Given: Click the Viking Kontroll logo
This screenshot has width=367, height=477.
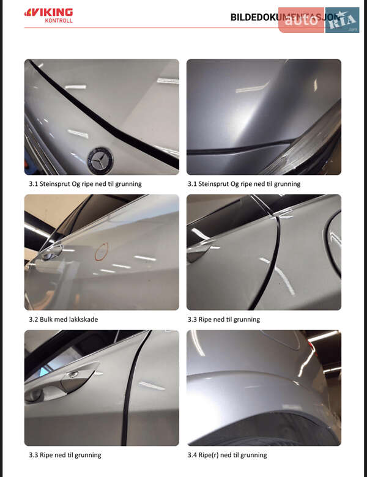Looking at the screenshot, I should coord(48,15).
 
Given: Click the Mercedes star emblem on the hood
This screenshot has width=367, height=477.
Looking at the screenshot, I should coord(97,160).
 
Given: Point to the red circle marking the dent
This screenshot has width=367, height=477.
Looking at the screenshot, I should coord(101,250).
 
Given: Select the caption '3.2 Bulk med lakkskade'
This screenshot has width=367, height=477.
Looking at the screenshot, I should coord(63,319).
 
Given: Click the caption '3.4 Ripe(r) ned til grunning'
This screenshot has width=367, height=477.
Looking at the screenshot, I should coord(227,455).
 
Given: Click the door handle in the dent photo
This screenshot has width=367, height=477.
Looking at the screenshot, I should coord(52,250).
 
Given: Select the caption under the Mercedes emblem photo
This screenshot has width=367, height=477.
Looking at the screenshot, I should coord(85,183).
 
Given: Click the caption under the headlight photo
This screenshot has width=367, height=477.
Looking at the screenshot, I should coord(244,183).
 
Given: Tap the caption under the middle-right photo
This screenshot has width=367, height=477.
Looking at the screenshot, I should coord(224,319).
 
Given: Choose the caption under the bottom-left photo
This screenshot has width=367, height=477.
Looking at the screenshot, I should coord(65,455).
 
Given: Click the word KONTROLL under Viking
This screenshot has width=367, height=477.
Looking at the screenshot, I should coord(59,21).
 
